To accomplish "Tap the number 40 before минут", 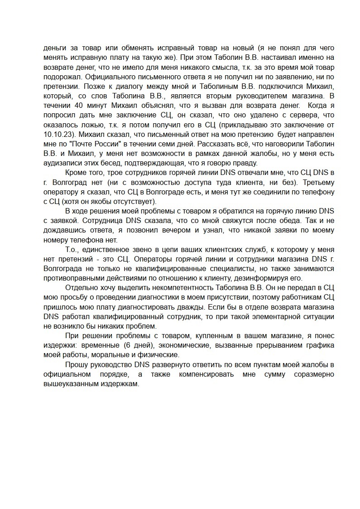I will click(78, 105).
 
